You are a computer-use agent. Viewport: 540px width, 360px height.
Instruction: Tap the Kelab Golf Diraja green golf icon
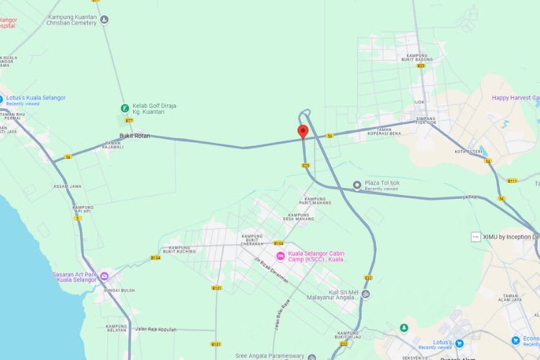click(x=125, y=109)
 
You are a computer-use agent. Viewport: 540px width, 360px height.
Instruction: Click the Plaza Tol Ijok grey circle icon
click(x=357, y=185)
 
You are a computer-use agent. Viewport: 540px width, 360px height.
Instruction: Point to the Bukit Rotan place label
click(x=135, y=135)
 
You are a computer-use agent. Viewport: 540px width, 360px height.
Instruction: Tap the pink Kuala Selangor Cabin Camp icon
click(x=280, y=256)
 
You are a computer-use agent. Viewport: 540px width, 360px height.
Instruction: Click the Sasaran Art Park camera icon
click(x=104, y=276)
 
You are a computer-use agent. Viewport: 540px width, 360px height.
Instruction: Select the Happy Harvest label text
click(x=515, y=97)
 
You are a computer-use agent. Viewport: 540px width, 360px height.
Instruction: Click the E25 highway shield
click(x=305, y=166)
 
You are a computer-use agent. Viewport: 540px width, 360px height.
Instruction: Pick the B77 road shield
click(x=129, y=121)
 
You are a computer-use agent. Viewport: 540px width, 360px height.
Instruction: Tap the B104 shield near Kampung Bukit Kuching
click(x=156, y=258)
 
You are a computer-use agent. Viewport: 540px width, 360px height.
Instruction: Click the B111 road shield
click(x=512, y=181)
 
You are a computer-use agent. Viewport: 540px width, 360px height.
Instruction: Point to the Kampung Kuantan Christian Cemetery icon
click(x=105, y=19)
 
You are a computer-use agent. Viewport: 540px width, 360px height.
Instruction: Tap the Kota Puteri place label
click(x=467, y=151)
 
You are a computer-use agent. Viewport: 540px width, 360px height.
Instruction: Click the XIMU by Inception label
click(x=511, y=237)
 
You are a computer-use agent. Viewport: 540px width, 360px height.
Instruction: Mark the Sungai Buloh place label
click(x=119, y=290)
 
